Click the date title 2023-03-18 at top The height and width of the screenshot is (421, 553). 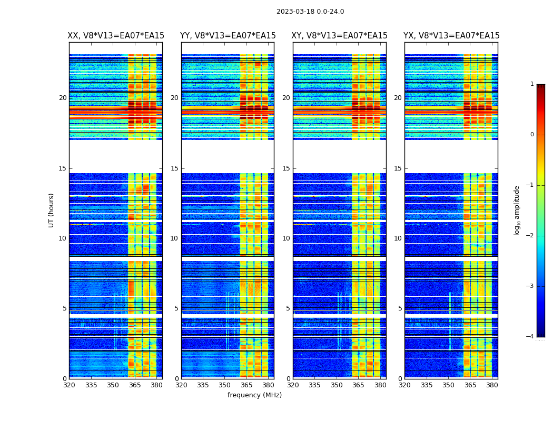pyautogui.click(x=310, y=12)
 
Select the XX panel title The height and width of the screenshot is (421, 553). pyautogui.click(x=116, y=36)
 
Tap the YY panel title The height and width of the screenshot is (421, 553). pyautogui.click(x=228, y=36)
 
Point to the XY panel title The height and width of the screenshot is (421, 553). pyautogui.click(x=340, y=36)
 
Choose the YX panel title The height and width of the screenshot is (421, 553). pyautogui.click(x=451, y=36)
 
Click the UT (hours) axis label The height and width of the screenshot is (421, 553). pyautogui.click(x=51, y=210)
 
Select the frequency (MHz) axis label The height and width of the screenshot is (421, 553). pyautogui.click(x=254, y=395)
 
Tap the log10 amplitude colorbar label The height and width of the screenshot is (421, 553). pyautogui.click(x=517, y=210)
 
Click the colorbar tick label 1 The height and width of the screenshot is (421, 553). pyautogui.click(x=532, y=84)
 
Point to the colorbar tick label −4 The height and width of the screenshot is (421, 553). pyautogui.click(x=530, y=337)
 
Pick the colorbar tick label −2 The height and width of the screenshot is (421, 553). pyautogui.click(x=530, y=236)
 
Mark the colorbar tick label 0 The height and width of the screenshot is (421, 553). pyautogui.click(x=532, y=135)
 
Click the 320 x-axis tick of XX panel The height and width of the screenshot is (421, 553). pyautogui.click(x=69, y=385)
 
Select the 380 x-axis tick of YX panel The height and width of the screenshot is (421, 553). pyautogui.click(x=492, y=385)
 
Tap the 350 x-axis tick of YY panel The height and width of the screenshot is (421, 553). pyautogui.click(x=225, y=385)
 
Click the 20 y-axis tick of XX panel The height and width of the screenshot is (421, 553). pyautogui.click(x=63, y=98)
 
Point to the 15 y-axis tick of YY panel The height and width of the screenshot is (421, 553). pyautogui.click(x=174, y=168)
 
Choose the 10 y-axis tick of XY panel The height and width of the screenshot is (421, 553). pyautogui.click(x=286, y=238)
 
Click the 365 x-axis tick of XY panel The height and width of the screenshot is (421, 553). pyautogui.click(x=359, y=385)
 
